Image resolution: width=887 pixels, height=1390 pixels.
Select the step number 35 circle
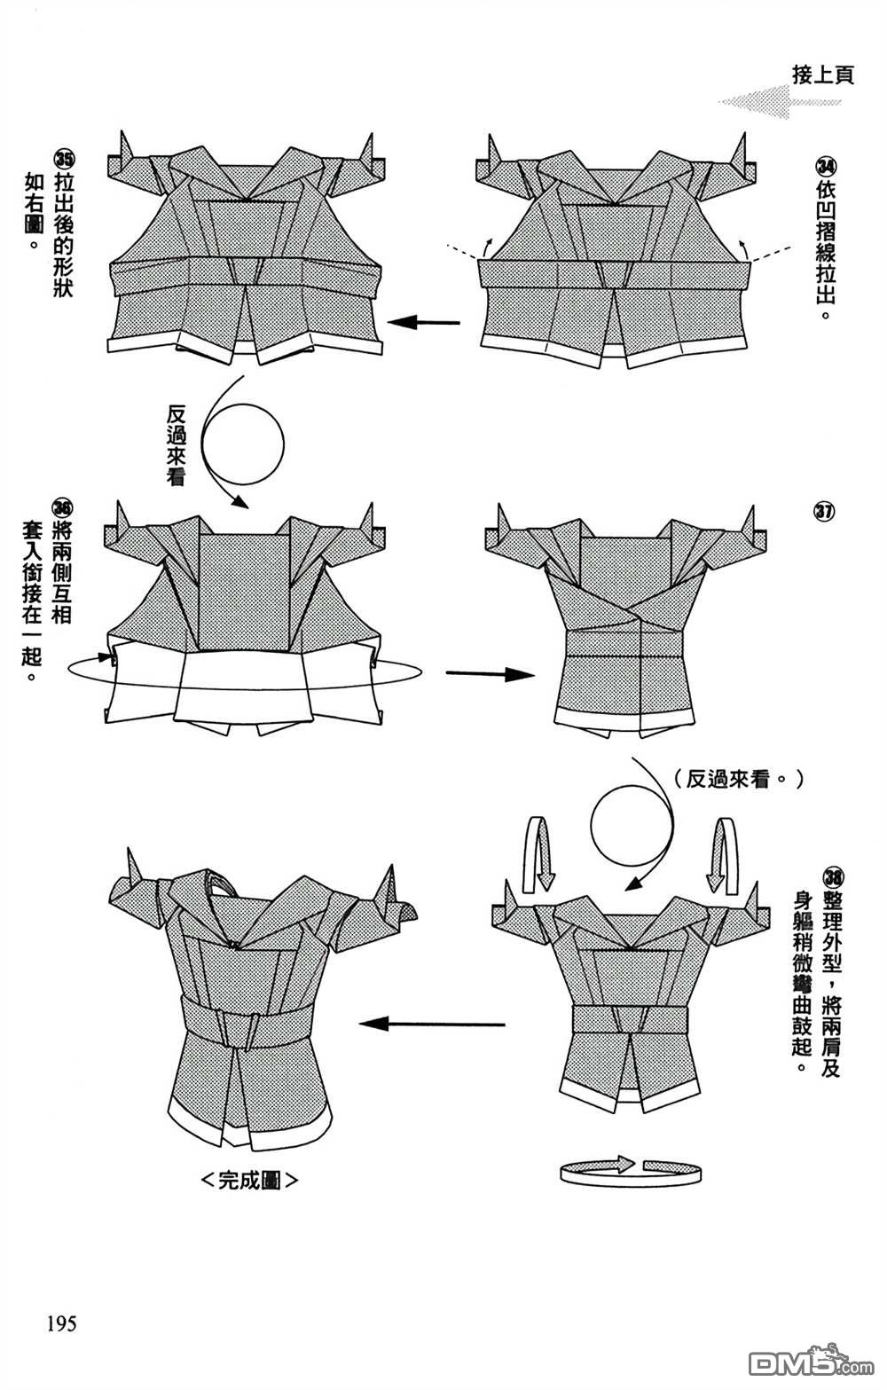click(64, 160)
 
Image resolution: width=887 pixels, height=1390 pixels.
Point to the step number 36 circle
click(62, 509)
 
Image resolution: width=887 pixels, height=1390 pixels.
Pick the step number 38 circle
click(832, 877)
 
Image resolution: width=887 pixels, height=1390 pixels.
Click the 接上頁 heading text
click(823, 75)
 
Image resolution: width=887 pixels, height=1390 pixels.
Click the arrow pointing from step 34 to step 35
click(423, 323)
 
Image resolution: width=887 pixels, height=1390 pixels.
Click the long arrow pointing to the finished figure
click(432, 1024)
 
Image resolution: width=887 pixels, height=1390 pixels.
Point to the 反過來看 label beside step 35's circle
click(176, 445)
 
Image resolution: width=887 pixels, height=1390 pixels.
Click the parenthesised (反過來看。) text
click(738, 779)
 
